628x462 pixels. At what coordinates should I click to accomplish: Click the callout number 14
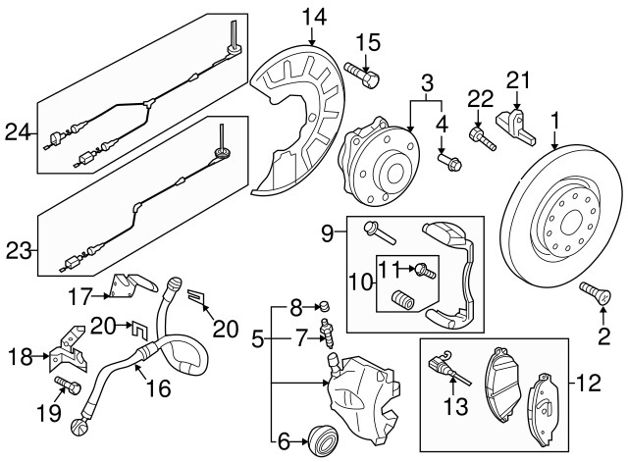coord(314,18)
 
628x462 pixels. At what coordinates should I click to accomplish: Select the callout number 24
coord(18,131)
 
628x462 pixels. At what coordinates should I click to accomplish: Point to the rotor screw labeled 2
coord(596,292)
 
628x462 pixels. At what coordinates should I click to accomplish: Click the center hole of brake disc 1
coord(571,224)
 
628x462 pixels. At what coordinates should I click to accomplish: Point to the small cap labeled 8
coord(325,307)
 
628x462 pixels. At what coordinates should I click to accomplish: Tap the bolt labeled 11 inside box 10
coord(425,271)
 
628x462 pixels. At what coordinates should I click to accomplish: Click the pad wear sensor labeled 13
coord(447,366)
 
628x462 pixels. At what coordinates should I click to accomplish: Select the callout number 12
coord(589,383)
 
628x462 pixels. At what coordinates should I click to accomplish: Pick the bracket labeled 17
coord(131,286)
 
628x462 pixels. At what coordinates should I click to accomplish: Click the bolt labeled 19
coord(68,386)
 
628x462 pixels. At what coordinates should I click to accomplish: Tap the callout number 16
coord(159,387)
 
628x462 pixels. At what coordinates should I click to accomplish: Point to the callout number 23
coord(19,252)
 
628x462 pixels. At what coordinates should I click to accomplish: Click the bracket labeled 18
coord(68,349)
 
